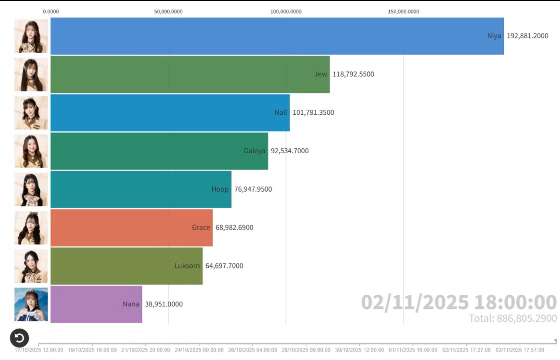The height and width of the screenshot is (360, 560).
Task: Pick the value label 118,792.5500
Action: click(x=353, y=74)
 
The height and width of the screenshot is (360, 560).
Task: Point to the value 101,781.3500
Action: click(x=313, y=112)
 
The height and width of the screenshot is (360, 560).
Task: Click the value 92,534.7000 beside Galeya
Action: click(x=290, y=151)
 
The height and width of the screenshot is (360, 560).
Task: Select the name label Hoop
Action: click(x=220, y=189)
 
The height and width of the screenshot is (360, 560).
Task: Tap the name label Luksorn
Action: click(x=187, y=266)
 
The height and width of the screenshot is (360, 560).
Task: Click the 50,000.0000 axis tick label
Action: click(x=168, y=12)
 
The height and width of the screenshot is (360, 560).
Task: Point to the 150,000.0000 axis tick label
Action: click(x=403, y=12)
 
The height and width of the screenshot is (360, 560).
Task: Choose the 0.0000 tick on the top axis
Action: click(x=51, y=12)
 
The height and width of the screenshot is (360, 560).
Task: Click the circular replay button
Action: click(x=19, y=338)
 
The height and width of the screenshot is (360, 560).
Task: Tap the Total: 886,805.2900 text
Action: click(x=513, y=318)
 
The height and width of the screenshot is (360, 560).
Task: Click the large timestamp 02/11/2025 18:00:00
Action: click(x=459, y=302)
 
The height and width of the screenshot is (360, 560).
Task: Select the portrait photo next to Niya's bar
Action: click(x=31, y=36)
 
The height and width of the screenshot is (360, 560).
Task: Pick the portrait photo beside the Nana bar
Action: click(x=31, y=304)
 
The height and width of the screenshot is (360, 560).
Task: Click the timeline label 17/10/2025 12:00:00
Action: click(x=39, y=350)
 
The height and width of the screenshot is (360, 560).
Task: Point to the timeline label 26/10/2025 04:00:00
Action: click(x=252, y=350)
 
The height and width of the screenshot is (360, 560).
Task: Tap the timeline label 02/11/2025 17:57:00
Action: click(x=520, y=350)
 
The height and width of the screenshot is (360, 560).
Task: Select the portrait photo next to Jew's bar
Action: click(x=31, y=74)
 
